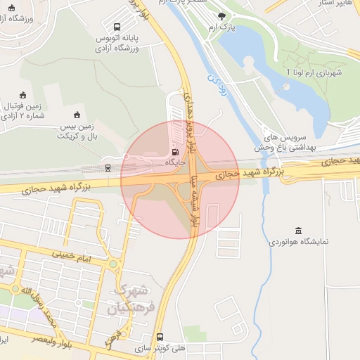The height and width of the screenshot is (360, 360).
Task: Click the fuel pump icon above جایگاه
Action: (174, 150)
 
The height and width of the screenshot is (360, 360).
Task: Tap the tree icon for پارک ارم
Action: (222, 15)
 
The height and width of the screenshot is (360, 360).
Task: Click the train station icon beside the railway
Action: (108, 167)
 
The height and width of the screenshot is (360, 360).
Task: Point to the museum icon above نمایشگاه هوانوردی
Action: (299, 231)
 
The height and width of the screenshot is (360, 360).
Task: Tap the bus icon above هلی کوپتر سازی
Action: (160, 337)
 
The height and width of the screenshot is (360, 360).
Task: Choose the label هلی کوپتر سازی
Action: (161, 348)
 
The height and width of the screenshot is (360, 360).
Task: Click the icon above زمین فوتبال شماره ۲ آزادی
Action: (22, 96)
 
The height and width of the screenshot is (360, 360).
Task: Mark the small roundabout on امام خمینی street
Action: (112, 264)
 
